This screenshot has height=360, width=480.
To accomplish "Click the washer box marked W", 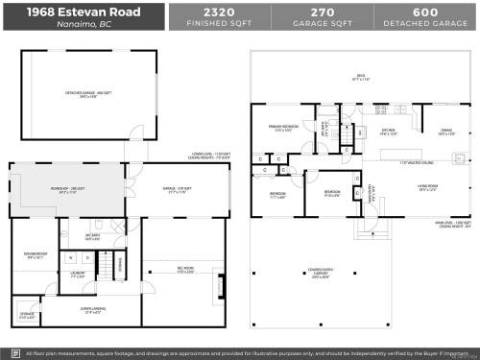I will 71,257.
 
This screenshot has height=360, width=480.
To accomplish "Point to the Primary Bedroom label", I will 283,128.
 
